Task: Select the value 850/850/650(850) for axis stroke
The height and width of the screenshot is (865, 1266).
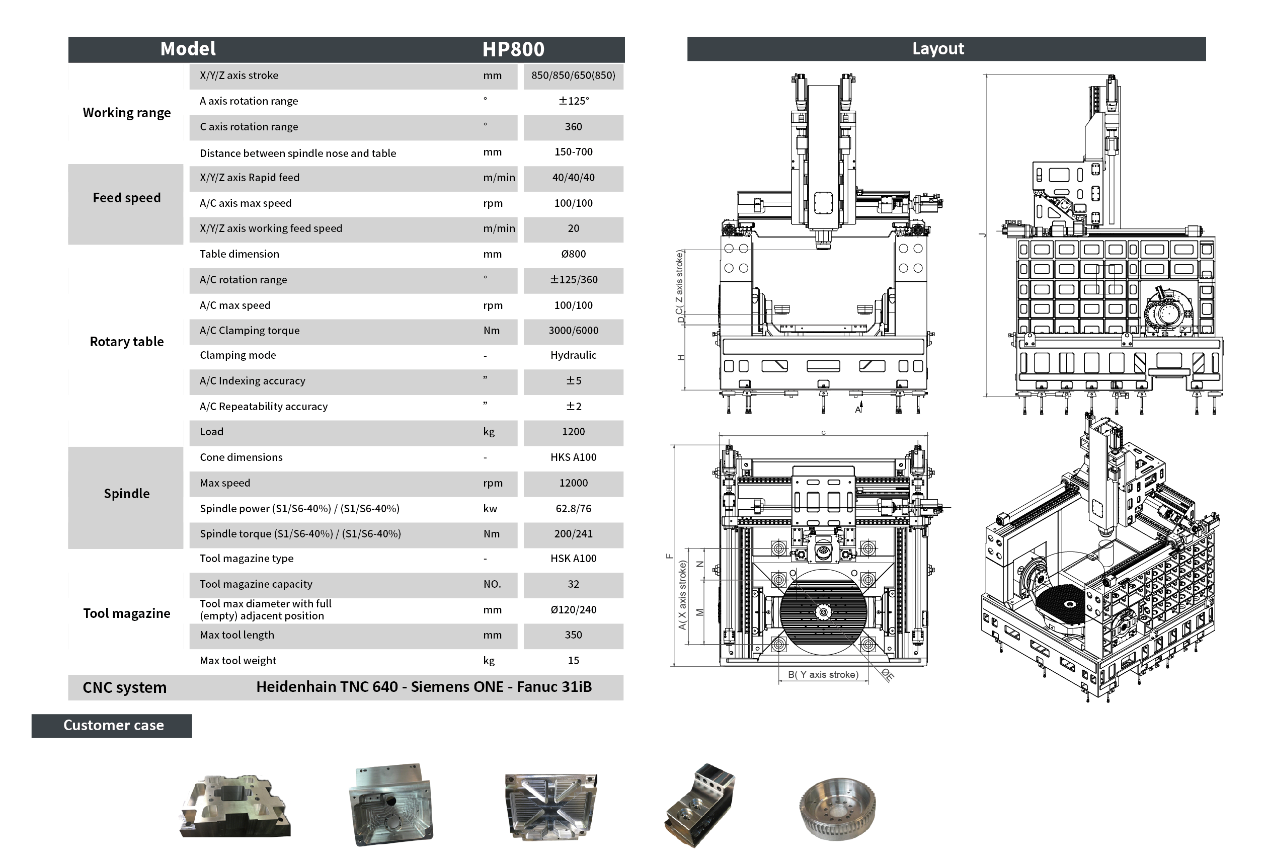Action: (573, 75)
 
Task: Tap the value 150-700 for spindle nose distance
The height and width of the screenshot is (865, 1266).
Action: (573, 152)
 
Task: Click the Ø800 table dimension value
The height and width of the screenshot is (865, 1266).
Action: (573, 254)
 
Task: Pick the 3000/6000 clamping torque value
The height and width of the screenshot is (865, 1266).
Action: (573, 331)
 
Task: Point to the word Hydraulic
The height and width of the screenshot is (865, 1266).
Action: (573, 355)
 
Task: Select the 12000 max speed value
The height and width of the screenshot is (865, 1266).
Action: (573, 483)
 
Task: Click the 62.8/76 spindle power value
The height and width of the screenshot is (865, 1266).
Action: (573, 509)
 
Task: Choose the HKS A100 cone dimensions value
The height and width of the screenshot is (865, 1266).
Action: (573, 457)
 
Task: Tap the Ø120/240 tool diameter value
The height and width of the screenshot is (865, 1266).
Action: (573, 610)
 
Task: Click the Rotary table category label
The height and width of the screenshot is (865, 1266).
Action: (126, 342)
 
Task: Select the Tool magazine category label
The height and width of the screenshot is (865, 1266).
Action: (126, 614)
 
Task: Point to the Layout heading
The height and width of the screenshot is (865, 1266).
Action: (937, 49)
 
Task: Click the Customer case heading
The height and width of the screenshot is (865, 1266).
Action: (113, 726)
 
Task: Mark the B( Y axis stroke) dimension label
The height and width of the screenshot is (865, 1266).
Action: (823, 675)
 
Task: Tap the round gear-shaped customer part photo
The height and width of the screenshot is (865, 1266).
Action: (837, 808)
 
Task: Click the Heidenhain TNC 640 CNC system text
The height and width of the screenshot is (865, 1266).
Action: (327, 687)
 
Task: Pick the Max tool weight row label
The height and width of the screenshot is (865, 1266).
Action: (238, 661)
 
